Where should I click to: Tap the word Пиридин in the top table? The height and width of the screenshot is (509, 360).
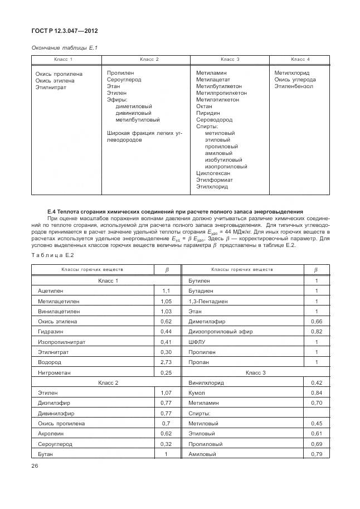pyautogui.click(x=207, y=113)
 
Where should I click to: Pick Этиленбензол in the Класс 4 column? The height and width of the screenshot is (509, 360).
pyautogui.click(x=293, y=86)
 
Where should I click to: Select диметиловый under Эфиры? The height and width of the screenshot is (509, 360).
pyautogui.click(x=133, y=106)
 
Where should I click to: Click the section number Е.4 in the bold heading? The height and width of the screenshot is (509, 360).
pyautogui.click(x=53, y=211)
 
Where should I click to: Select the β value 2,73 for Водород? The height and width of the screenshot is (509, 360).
pyautogui.click(x=165, y=361)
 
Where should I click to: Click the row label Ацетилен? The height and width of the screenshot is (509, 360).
pyautogui.click(x=51, y=291)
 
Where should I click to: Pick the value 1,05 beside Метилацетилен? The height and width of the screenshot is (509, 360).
pyautogui.click(x=165, y=301)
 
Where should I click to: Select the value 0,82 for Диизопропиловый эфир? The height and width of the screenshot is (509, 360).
pyautogui.click(x=316, y=331)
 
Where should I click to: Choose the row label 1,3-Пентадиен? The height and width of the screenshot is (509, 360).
pyautogui.click(x=208, y=301)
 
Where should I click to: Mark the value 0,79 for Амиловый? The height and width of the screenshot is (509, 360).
pyautogui.click(x=316, y=454)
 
